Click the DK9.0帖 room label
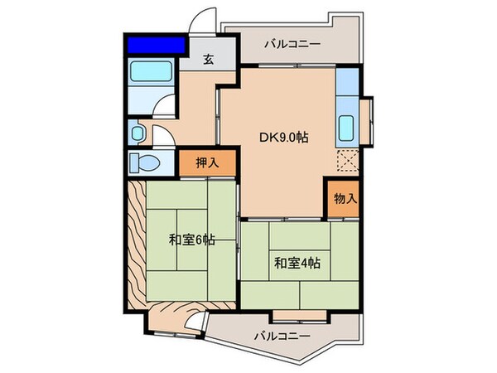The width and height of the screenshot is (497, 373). coord(286,138)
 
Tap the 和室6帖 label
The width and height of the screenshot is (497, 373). coord(192,240)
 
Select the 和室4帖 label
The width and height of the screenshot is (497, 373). coord(297,264)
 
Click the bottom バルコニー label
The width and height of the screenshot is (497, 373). coord(282,336)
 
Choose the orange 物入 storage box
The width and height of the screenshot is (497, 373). coord(345,198)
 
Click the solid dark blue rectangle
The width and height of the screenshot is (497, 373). coord(155,44)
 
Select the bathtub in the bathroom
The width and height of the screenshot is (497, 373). coord(151,74)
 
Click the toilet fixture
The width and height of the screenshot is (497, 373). coord(147,160)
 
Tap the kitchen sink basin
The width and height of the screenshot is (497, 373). coord(346,129)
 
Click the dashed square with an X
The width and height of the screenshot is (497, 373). coord(348,160)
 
